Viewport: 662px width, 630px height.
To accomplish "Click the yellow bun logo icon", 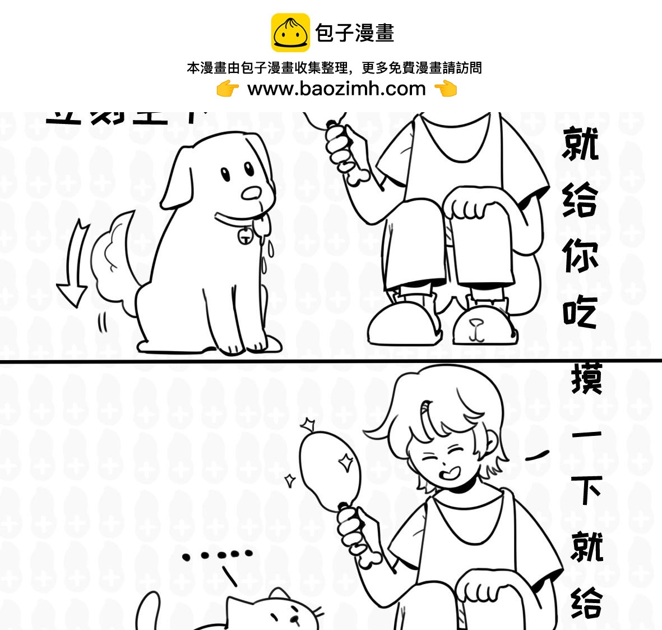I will (290, 33).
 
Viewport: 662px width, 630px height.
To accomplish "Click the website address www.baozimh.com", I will (336, 89).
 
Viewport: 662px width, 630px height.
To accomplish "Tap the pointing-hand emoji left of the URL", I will (228, 89).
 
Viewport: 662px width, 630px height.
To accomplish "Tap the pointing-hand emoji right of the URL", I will (446, 89).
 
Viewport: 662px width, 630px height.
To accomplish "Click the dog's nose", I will (252, 193).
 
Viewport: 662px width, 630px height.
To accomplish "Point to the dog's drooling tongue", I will (262, 223).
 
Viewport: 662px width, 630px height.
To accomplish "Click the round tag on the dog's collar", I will (244, 236).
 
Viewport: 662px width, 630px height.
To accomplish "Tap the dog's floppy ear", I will (178, 177).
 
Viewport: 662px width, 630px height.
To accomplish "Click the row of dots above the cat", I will (217, 555).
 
